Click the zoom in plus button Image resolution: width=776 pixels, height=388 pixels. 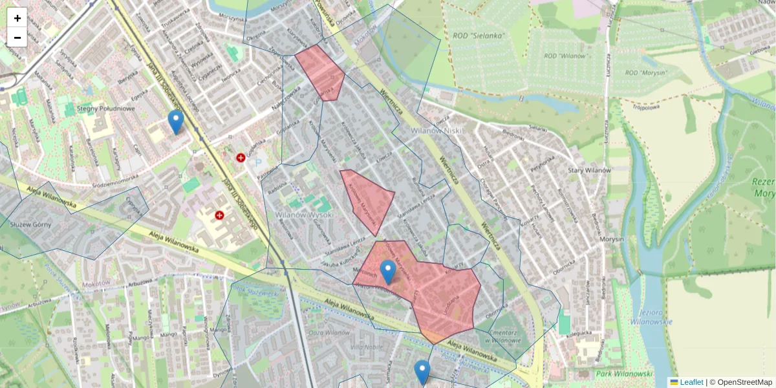coord(17,17)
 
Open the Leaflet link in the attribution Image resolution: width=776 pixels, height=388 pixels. coord(691,382)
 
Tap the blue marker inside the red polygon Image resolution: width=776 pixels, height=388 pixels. coord(388,272)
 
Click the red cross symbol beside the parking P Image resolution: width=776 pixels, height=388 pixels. coord(241,157)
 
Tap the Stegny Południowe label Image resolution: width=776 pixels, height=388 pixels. coord(105,109)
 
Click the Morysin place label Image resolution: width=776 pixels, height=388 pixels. coord(611,239)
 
